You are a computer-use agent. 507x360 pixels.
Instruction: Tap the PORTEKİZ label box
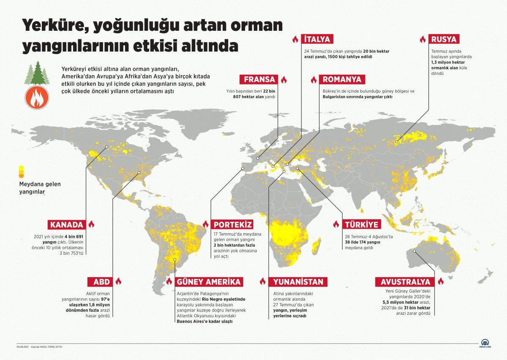coord(233,224)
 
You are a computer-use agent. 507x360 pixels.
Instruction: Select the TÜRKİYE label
coord(361,224)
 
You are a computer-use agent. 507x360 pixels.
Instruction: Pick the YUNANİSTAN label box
coord(298,281)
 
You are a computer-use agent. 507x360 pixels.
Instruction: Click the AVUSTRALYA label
coord(406,281)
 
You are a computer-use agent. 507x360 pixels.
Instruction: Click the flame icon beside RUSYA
coord(422,39)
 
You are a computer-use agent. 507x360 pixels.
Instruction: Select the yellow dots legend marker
coord(21,171)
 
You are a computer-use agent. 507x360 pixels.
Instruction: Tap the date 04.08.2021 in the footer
coord(22,347)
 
